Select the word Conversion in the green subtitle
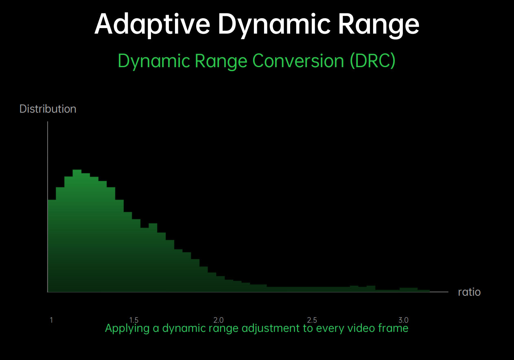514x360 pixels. pos(298,61)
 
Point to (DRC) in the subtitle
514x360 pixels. pos(373,61)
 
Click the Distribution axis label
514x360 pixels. pos(48,109)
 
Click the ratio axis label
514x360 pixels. pos(469,292)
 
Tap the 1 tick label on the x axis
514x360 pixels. pos(51,320)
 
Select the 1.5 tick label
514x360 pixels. pos(134,320)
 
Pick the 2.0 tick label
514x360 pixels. pos(219,320)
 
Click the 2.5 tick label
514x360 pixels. pos(312,320)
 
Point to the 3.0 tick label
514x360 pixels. pos(403,320)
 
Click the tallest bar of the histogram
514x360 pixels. pos(77,231)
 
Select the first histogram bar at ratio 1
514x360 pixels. pos(52,246)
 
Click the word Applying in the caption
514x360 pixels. pos(127,328)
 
